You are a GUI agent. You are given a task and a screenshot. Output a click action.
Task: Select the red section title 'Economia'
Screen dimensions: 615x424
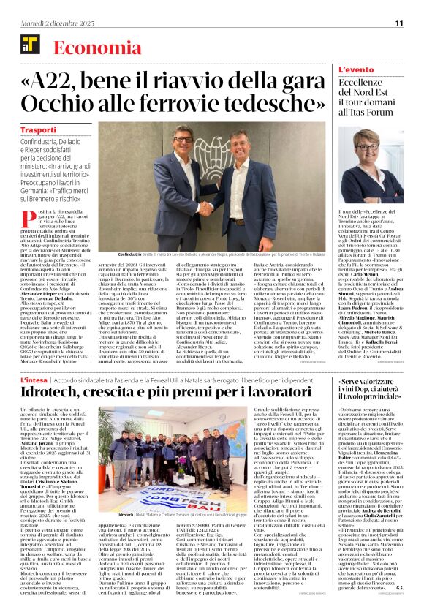pos(90,48)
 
